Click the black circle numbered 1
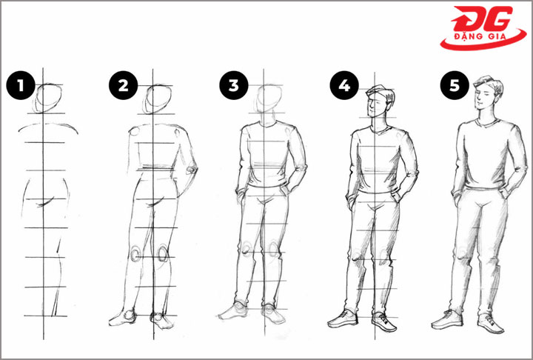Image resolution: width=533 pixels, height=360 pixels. [x=21, y=85]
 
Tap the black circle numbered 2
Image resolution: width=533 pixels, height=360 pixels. [x=123, y=85]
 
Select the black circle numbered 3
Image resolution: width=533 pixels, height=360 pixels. [x=233, y=85]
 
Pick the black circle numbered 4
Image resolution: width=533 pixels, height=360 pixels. [x=344, y=85]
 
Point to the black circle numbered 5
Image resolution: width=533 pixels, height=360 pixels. [x=455, y=85]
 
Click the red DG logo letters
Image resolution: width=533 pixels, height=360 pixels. [x=483, y=19]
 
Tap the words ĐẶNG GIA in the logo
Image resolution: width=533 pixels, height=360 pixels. [x=480, y=36]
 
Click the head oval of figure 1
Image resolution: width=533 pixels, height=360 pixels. [x=49, y=99]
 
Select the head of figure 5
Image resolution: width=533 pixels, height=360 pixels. [x=487, y=93]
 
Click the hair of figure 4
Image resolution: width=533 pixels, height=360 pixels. [x=383, y=92]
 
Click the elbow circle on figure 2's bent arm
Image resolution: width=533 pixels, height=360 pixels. [x=192, y=169]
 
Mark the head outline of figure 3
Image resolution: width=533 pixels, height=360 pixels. [x=269, y=99]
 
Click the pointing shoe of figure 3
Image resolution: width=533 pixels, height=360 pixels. [x=233, y=311]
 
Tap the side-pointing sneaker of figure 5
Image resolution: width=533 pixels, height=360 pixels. [x=447, y=320]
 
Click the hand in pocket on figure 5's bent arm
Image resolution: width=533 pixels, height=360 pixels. [x=504, y=193]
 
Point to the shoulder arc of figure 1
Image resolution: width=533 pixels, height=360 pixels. [x=48, y=125]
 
